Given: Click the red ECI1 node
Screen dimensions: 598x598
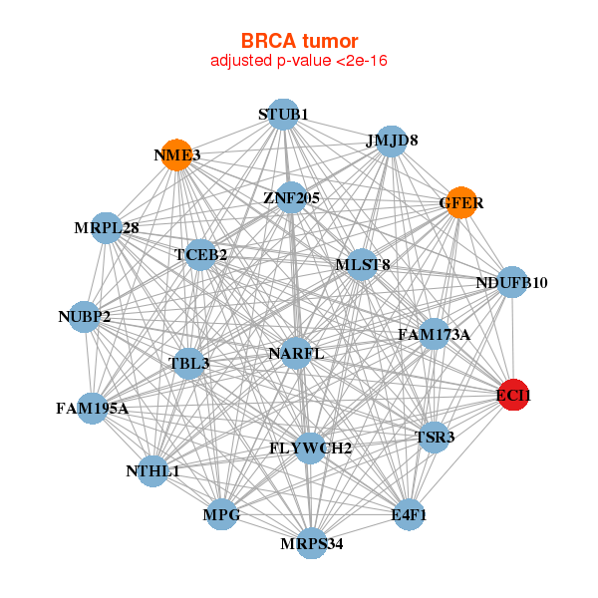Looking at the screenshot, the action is click(x=513, y=396).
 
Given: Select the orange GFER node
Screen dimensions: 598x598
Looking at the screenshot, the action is click(x=460, y=202).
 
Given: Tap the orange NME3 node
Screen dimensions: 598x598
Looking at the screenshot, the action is click(x=176, y=154).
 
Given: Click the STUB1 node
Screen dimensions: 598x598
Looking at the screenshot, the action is click(x=283, y=115).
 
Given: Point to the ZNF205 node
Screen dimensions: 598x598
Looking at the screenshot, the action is click(x=291, y=197).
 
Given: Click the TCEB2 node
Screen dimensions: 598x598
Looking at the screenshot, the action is click(x=201, y=255).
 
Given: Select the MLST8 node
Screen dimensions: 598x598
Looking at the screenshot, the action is click(x=362, y=264).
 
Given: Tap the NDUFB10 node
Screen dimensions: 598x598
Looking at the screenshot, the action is click(x=511, y=282).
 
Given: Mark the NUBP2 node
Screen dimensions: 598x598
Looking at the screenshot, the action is click(x=85, y=317).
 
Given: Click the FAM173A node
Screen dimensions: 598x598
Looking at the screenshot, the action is click(x=433, y=334).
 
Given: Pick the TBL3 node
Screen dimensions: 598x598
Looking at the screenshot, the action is click(x=189, y=363).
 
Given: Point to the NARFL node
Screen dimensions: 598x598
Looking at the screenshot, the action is click(x=296, y=353).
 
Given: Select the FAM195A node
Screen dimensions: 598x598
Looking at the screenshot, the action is click(x=92, y=408).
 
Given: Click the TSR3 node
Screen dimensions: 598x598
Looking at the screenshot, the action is click(x=434, y=438).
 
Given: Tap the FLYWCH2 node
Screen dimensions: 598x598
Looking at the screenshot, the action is click(x=310, y=448).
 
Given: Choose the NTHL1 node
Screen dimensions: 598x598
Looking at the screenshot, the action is click(x=152, y=470).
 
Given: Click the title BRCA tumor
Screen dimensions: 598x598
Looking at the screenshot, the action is click(x=299, y=41).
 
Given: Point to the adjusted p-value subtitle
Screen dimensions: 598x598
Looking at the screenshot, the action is click(x=299, y=61).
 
